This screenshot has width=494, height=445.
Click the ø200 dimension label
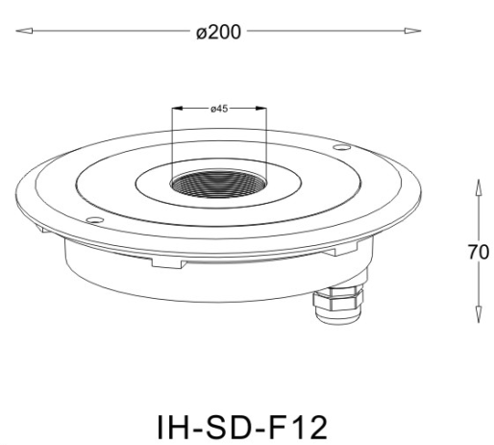tap(218, 32)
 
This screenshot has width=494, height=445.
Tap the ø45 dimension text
tap(219, 109)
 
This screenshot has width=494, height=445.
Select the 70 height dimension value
tap(479, 252)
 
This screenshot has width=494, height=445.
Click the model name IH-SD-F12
tap(242, 427)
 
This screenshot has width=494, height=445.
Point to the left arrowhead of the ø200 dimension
tap(24, 31)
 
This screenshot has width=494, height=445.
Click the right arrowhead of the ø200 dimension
tap(412, 31)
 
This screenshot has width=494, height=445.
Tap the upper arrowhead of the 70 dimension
tap(479, 187)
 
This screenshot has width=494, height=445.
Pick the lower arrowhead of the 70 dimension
tap(479, 314)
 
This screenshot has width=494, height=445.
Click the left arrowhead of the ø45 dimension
tap(177, 108)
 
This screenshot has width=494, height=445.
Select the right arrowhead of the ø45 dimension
tap(260, 108)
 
